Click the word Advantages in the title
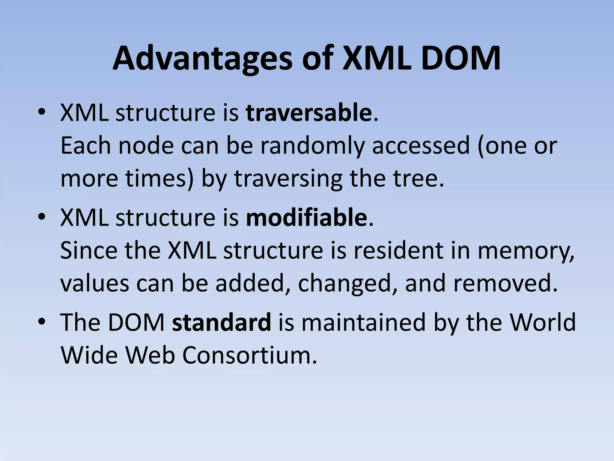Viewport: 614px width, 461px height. coord(202,59)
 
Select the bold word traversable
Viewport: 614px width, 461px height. coord(308,113)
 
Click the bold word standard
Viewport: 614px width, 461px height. coord(222,322)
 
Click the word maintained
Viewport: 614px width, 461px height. coord(364,322)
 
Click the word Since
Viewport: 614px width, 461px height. coord(88,250)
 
